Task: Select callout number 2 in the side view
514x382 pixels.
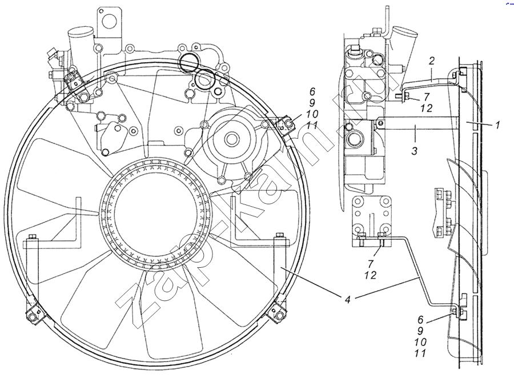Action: (432, 60)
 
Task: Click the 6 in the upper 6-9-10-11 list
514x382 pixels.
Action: (312, 91)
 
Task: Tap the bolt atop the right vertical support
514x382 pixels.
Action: (280, 235)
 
